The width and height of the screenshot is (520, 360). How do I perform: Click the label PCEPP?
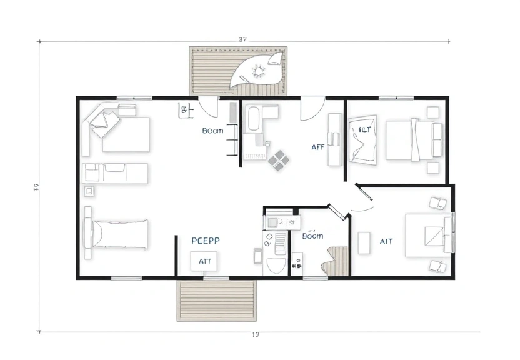(206, 239)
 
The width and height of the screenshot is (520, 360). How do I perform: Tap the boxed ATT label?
(204, 262)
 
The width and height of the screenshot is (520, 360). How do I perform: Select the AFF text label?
(317, 147)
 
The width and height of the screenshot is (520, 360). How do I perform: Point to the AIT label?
(386, 241)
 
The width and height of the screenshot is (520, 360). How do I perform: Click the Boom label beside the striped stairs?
(312, 236)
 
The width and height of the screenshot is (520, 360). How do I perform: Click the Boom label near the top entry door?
(212, 131)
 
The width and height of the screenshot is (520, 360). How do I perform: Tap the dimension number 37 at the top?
(244, 39)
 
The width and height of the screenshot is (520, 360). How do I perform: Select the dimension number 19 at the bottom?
(255, 335)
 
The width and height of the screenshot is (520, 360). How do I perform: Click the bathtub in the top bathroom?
(254, 119)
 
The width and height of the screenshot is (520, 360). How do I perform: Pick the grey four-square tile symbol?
(279, 159)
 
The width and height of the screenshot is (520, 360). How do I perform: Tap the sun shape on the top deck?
(257, 72)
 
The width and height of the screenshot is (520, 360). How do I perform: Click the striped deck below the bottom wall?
(217, 301)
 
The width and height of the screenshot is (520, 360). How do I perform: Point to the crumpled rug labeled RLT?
(363, 140)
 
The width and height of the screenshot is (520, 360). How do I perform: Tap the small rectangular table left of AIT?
(364, 242)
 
